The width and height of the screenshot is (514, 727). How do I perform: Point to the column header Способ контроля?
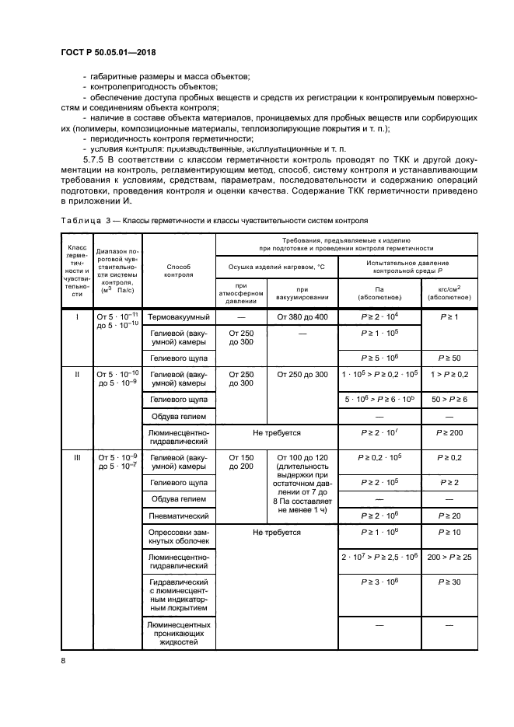(179, 269)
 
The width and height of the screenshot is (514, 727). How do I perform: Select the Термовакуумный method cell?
(179, 317)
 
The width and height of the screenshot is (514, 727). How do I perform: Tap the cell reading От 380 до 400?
(302, 317)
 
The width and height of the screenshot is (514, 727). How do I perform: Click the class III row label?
(77, 458)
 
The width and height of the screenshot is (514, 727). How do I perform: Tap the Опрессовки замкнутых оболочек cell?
(179, 537)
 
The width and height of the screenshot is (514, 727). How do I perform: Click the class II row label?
(77, 374)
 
